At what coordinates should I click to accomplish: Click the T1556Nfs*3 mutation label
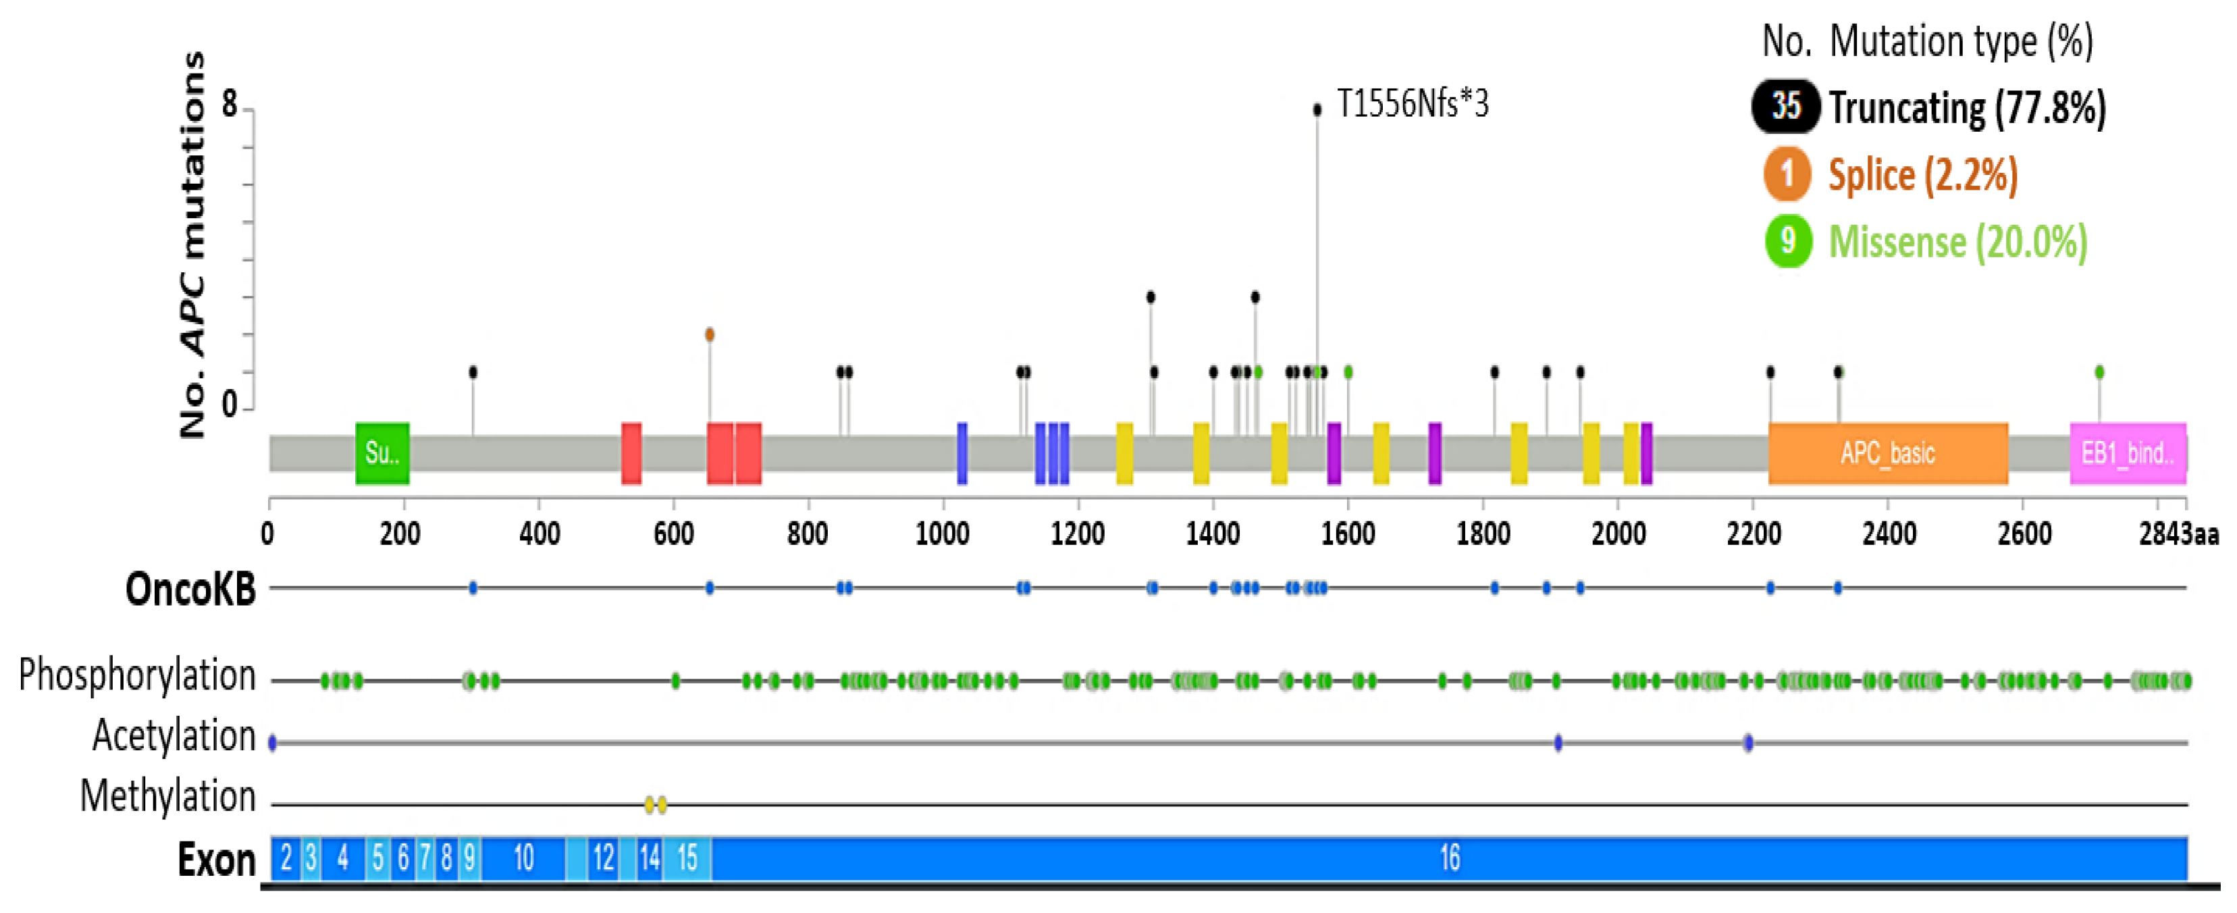[x=1412, y=104]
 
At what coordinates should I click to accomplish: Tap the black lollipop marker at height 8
[x=1317, y=109]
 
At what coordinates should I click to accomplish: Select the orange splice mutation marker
[x=710, y=334]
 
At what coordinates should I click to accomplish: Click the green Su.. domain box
[x=382, y=452]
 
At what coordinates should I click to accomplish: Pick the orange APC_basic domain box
[x=1888, y=452]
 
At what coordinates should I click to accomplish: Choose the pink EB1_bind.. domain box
[x=2128, y=452]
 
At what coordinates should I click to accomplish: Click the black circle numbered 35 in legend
[x=1785, y=106]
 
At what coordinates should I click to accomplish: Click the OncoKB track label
[x=190, y=589]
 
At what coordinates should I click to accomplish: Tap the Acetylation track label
[x=174, y=736]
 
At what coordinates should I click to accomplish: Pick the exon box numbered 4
[x=343, y=858]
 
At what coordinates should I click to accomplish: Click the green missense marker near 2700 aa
[x=2099, y=373]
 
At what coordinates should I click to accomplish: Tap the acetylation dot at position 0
[x=273, y=743]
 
